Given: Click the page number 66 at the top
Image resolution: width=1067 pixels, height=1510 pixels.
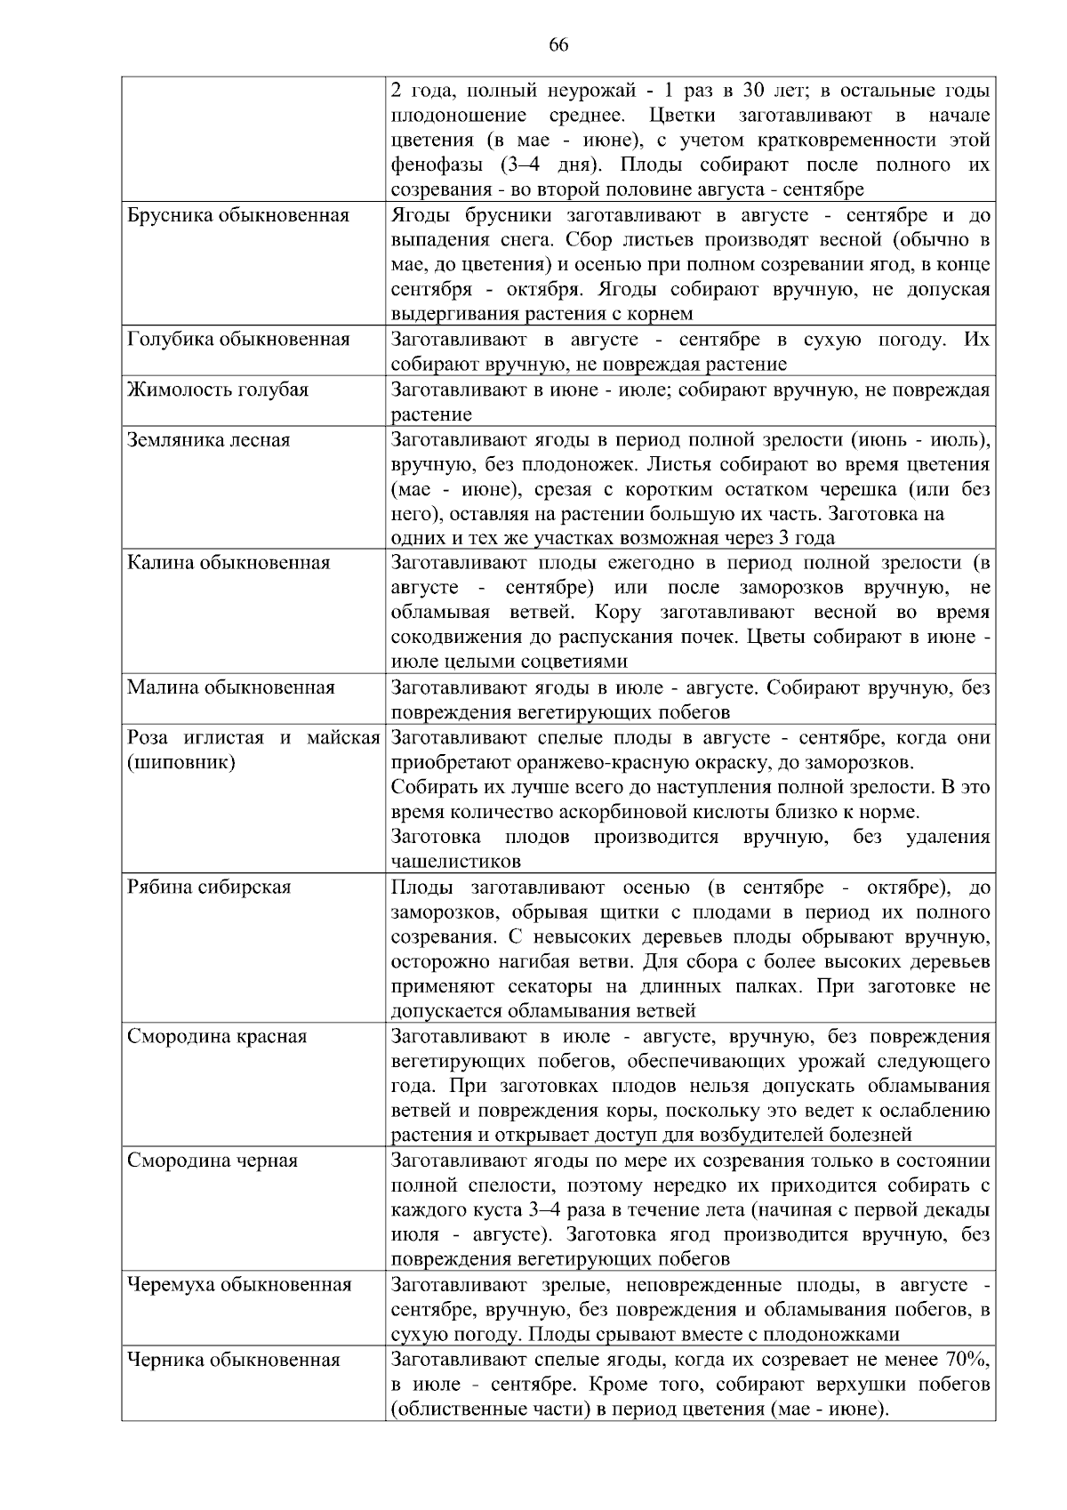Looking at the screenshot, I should tap(558, 46).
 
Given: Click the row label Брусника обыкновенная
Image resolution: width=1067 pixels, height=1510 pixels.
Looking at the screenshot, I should tap(238, 216).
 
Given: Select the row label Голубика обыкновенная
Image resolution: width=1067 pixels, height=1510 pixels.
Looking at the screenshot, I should tap(238, 340).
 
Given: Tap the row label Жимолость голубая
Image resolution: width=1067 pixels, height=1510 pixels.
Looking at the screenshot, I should tap(218, 390).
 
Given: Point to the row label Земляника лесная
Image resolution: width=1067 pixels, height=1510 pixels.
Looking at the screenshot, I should tap(208, 439).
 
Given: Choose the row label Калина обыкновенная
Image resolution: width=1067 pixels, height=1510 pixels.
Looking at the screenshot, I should tap(229, 563).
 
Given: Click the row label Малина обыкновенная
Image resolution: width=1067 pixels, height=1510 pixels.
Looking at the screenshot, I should tap(230, 687).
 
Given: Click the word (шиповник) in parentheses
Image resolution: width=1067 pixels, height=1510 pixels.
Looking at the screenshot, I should tap(181, 762).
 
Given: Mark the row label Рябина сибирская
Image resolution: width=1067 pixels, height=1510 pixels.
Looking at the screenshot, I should tap(209, 888).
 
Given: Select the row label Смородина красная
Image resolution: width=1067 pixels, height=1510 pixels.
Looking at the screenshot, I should tap(217, 1036).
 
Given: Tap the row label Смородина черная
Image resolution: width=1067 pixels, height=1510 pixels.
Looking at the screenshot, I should tap(213, 1161).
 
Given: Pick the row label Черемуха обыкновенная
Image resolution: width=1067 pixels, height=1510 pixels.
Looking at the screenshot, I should tap(239, 1285).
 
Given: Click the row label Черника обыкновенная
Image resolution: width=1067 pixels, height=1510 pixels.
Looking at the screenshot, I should tap(233, 1360).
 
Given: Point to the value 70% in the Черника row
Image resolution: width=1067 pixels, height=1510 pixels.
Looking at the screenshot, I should tap(969, 1360).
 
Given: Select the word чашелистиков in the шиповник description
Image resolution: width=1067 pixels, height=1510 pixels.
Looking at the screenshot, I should tap(455, 862).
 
